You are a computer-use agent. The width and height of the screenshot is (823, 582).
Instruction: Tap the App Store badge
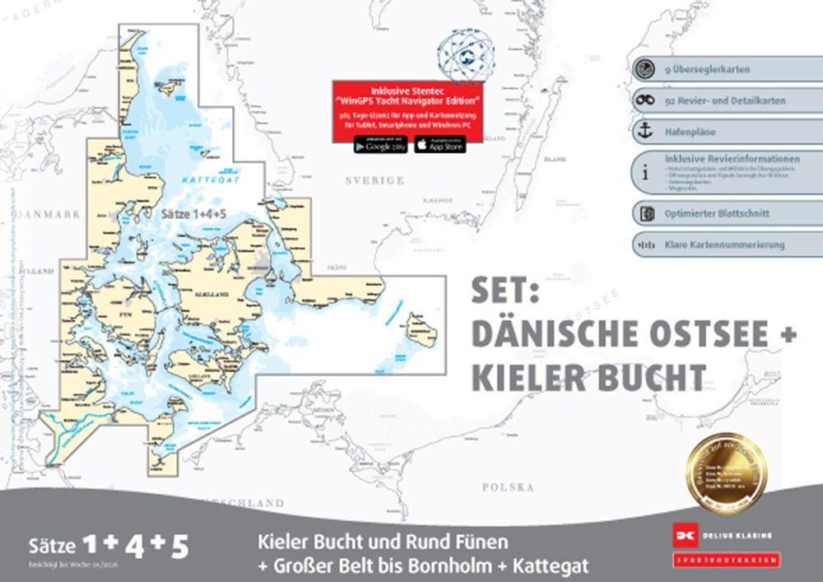439,145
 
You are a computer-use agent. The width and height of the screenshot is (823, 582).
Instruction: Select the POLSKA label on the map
508,487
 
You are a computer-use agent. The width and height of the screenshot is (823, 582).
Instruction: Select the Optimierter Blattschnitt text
717,213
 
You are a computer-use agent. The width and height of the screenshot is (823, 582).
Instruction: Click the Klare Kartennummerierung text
724,244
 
